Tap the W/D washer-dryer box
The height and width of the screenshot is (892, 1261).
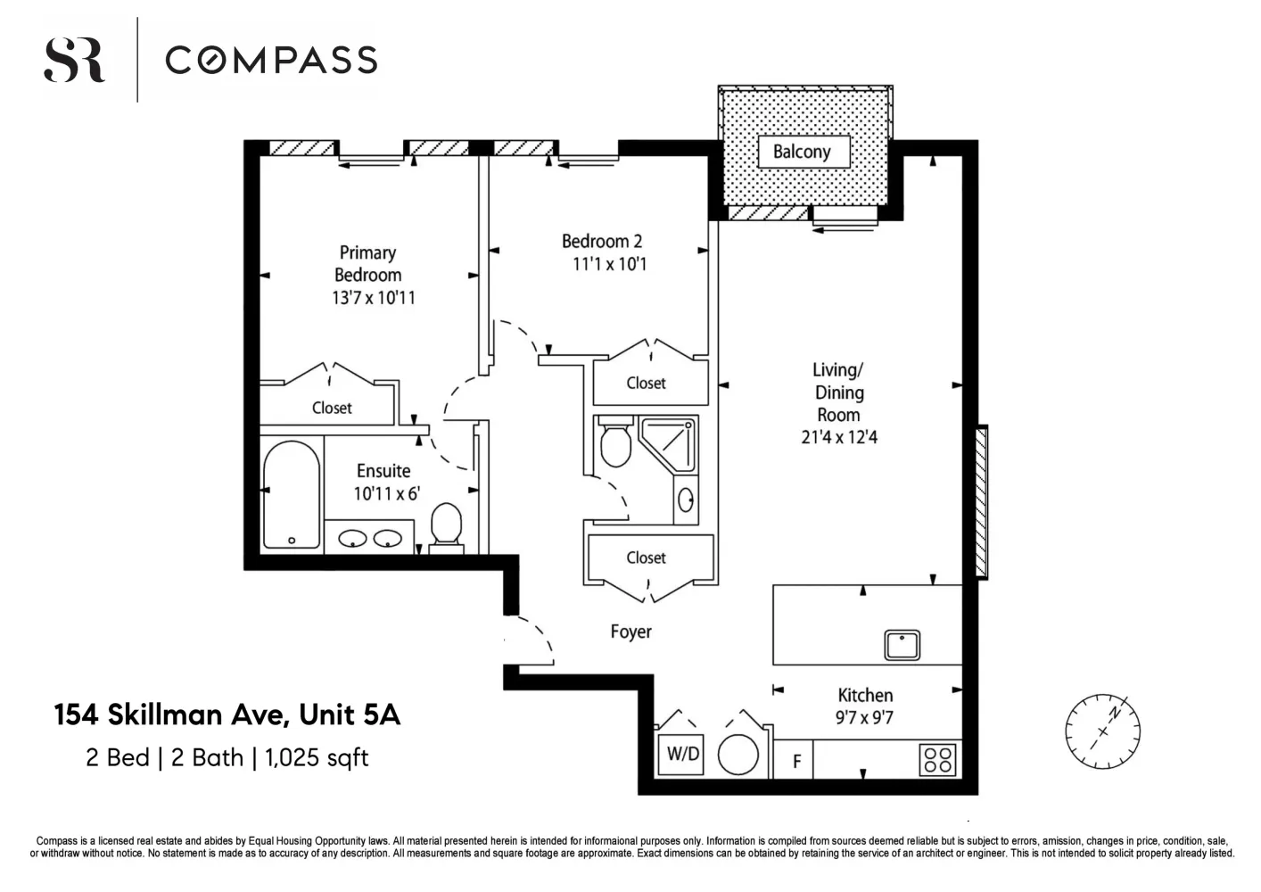tap(681, 754)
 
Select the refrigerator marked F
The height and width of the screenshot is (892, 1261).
tap(794, 760)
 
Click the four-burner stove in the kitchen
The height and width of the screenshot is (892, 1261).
tap(938, 760)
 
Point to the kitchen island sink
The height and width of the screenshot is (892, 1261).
tap(902, 645)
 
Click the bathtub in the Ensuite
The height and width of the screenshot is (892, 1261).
tap(291, 494)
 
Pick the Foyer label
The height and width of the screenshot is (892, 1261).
tap(631, 632)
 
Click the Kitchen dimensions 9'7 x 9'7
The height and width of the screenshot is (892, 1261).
tap(864, 717)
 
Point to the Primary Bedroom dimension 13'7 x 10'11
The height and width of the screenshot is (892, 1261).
tap(374, 297)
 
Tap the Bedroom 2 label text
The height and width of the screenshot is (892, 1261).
tap(602, 241)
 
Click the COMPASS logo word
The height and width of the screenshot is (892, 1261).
tap(271, 60)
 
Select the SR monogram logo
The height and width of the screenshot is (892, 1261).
tap(74, 61)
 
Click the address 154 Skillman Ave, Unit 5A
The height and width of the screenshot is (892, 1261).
tap(227, 714)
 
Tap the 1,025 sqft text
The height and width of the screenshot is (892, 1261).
tap(317, 757)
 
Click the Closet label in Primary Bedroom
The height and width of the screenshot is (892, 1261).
tap(332, 408)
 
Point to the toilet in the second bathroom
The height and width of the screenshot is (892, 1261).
tap(615, 442)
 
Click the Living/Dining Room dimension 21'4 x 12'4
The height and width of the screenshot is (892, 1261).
tap(839, 437)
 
